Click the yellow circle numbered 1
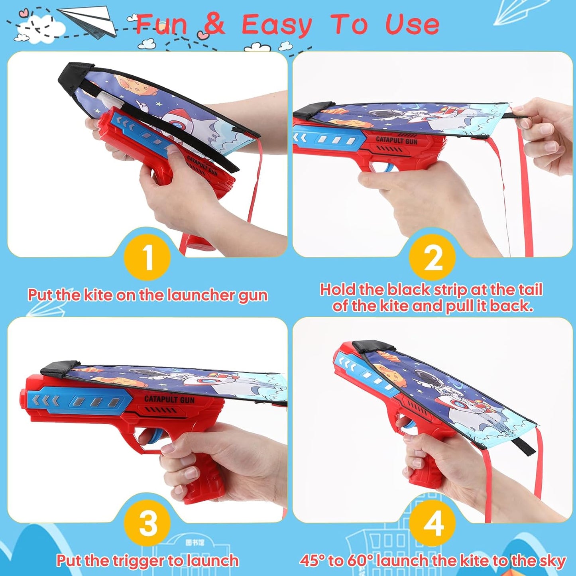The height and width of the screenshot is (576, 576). click(147, 258)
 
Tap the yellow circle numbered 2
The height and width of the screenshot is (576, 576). click(432, 258)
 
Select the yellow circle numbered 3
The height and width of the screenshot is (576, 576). click(147, 523)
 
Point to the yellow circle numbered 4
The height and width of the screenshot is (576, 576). click(432, 523)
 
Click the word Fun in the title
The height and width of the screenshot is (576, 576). click(161, 25)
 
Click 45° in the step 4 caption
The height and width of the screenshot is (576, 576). click(313, 560)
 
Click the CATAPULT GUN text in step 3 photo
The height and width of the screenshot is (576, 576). click(169, 399)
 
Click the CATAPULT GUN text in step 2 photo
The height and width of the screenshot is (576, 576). click(397, 140)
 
